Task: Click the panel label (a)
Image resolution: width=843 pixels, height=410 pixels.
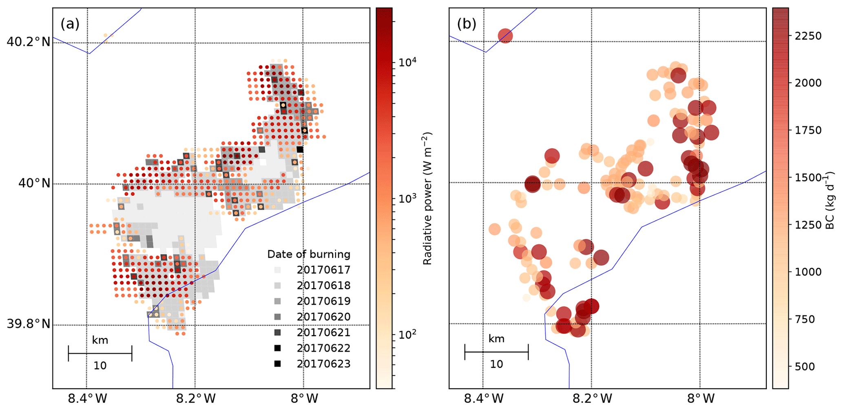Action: click(70, 24)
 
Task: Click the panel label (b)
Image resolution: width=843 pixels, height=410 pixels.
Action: click(467, 24)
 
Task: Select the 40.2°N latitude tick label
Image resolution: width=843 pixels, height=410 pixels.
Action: click(28, 42)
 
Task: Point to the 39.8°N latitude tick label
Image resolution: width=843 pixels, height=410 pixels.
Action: click(28, 324)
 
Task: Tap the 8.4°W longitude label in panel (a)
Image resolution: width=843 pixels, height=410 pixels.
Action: click(87, 398)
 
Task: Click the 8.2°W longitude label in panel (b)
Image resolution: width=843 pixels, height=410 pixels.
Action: click(592, 398)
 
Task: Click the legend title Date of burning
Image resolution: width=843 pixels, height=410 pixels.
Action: click(309, 255)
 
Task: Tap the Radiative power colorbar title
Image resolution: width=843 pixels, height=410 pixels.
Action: click(427, 199)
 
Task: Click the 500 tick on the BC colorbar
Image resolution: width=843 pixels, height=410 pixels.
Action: click(805, 366)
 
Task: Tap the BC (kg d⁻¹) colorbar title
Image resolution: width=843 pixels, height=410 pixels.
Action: click(830, 200)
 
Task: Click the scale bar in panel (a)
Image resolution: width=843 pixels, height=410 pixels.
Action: click(100, 353)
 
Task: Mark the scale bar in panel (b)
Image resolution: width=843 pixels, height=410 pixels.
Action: click(496, 352)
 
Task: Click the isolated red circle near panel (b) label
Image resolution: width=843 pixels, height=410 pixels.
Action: click(505, 36)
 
